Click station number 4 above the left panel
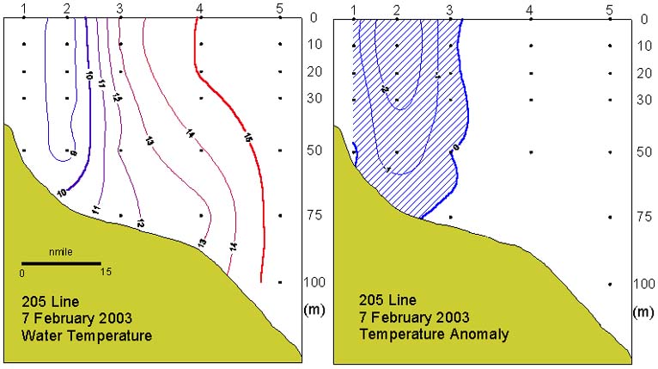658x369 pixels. (200, 8)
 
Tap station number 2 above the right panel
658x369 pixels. (397, 9)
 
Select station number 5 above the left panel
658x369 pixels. (280, 8)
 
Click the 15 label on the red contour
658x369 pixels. (248, 137)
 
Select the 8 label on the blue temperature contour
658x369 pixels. (73, 153)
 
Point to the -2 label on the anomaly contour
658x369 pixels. (384, 89)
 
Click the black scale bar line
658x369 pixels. (61, 263)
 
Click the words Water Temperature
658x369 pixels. (88, 335)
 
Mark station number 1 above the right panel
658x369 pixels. (353, 9)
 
